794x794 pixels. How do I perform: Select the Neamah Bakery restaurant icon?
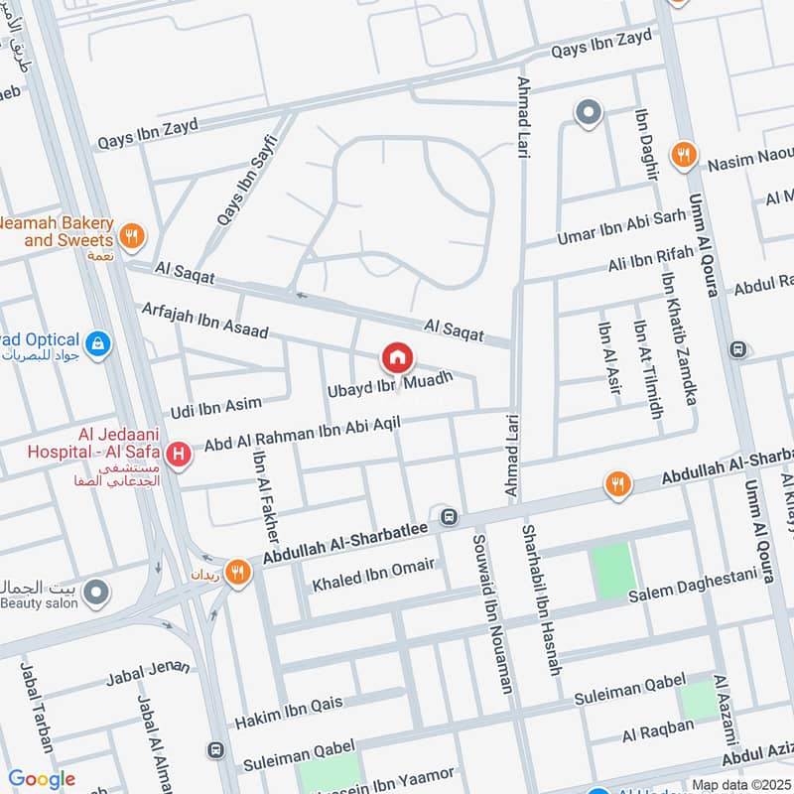tap(131, 236)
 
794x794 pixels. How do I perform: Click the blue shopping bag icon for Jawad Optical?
tap(98, 344)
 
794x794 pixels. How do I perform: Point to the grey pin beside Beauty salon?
tap(96, 594)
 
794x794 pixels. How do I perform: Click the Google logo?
tap(42, 779)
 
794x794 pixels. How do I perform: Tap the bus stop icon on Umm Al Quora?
tap(738, 349)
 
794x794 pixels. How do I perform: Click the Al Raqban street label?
tap(658, 730)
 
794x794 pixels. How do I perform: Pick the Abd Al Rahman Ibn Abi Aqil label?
tap(316, 434)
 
